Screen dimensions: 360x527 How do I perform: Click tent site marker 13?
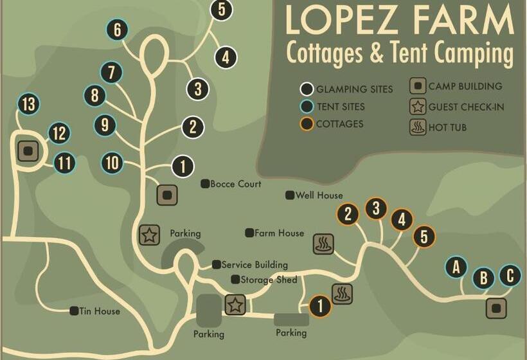pos(28,104)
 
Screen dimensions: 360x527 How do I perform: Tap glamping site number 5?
pos(221,10)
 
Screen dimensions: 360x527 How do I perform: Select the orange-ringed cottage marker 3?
pos(376,208)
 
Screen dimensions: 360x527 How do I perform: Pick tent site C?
pos(510,276)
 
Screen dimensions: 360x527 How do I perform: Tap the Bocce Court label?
pos(235,184)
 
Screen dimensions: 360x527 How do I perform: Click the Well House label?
pos(319,195)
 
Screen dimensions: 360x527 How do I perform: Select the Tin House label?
pos(99,311)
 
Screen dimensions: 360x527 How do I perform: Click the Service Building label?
pos(254,264)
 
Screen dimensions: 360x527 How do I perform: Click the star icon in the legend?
pos(418,107)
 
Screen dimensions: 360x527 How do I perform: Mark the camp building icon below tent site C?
pos(495,308)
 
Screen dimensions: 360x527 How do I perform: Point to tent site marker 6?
pos(117,30)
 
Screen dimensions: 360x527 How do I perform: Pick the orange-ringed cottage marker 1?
pos(319,305)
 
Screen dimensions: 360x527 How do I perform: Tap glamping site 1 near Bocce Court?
pos(183,167)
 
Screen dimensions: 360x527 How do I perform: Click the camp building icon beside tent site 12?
pos(28,152)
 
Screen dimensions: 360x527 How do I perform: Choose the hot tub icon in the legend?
pos(418,127)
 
